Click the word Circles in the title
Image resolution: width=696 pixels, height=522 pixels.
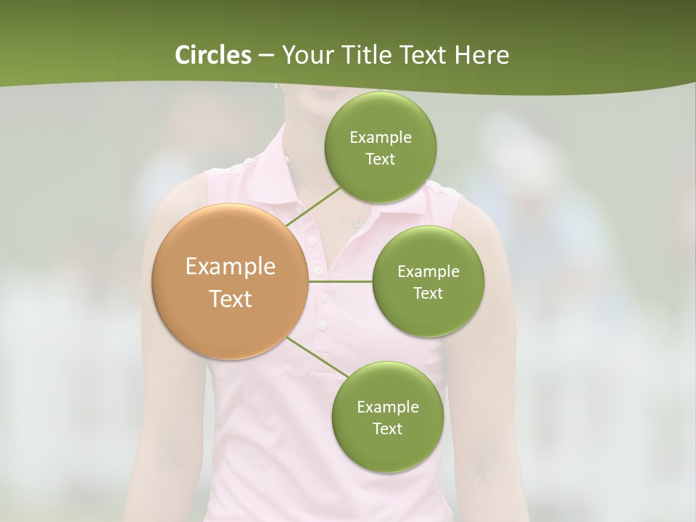[212, 55]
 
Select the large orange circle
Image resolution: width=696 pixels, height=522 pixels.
[230, 281]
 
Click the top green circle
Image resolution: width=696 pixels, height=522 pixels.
[380, 148]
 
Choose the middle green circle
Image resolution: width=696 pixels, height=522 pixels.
[428, 281]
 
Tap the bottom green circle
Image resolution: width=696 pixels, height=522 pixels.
[387, 417]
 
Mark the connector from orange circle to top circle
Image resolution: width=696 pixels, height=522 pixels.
[313, 207]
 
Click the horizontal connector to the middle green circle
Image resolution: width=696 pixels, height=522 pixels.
[341, 281]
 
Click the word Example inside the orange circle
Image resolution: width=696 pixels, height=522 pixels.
[231, 267]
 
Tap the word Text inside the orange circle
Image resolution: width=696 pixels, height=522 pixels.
[231, 298]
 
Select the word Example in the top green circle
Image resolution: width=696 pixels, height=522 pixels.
[381, 138]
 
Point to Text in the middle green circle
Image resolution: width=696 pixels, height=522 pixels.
[428, 293]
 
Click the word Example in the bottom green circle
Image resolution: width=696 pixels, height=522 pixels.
[387, 407]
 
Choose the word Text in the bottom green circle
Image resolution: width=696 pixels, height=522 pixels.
[387, 428]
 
